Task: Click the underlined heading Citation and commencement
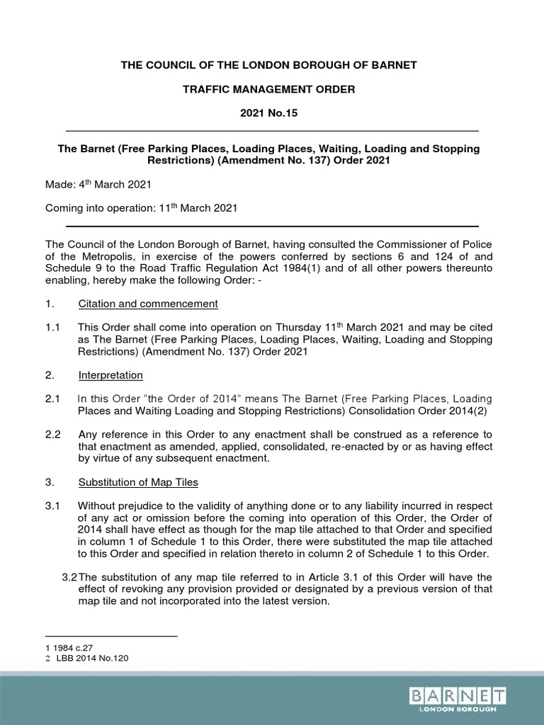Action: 147,304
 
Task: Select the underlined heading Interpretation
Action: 110,375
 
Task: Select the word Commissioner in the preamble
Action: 418,244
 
